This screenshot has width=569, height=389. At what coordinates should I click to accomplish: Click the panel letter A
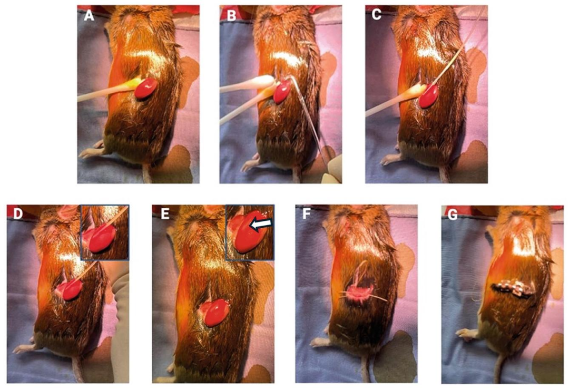click(89, 16)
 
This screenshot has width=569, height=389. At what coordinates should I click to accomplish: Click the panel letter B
click(231, 16)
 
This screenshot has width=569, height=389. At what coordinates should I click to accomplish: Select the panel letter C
click(377, 15)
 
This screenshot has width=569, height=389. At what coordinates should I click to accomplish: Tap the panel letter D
click(18, 214)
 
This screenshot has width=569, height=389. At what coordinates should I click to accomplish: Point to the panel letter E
click(165, 214)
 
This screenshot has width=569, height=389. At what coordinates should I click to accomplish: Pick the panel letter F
click(306, 215)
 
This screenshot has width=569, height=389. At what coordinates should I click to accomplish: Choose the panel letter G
click(453, 215)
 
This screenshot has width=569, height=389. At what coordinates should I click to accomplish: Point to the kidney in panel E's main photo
click(217, 312)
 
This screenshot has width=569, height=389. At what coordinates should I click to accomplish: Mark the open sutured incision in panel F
click(360, 290)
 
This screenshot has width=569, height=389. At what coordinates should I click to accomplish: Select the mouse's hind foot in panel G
click(467, 333)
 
